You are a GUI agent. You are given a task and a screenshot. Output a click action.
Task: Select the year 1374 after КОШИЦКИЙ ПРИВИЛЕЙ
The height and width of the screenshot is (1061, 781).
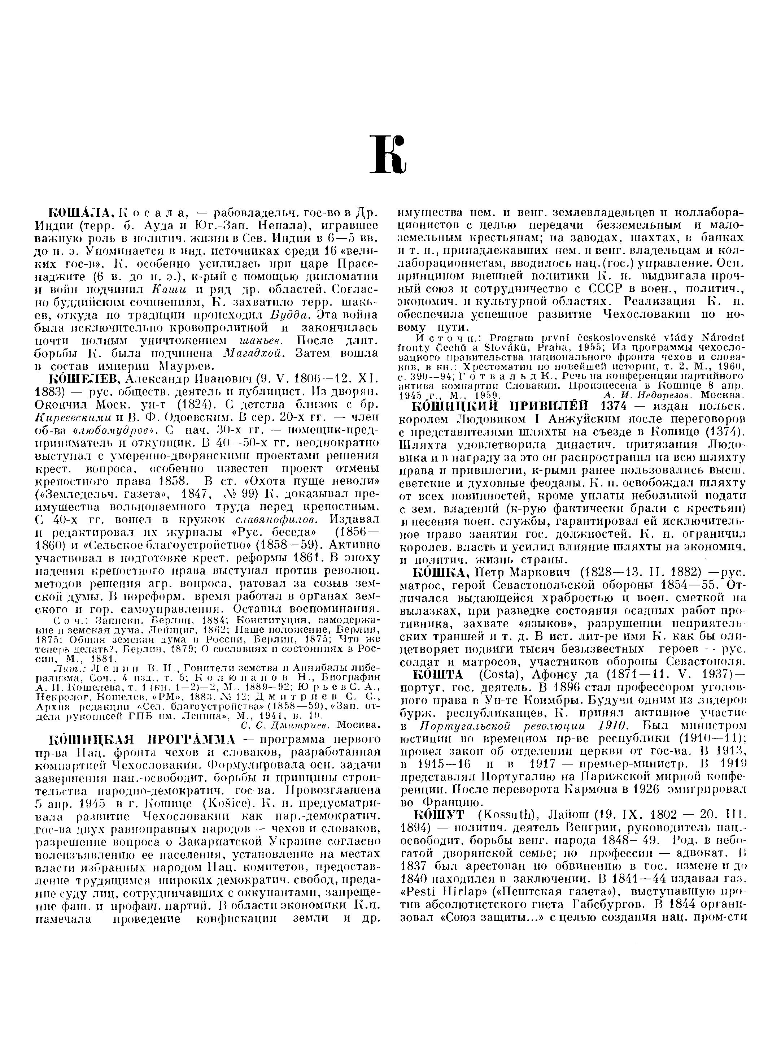coord(616,406)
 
